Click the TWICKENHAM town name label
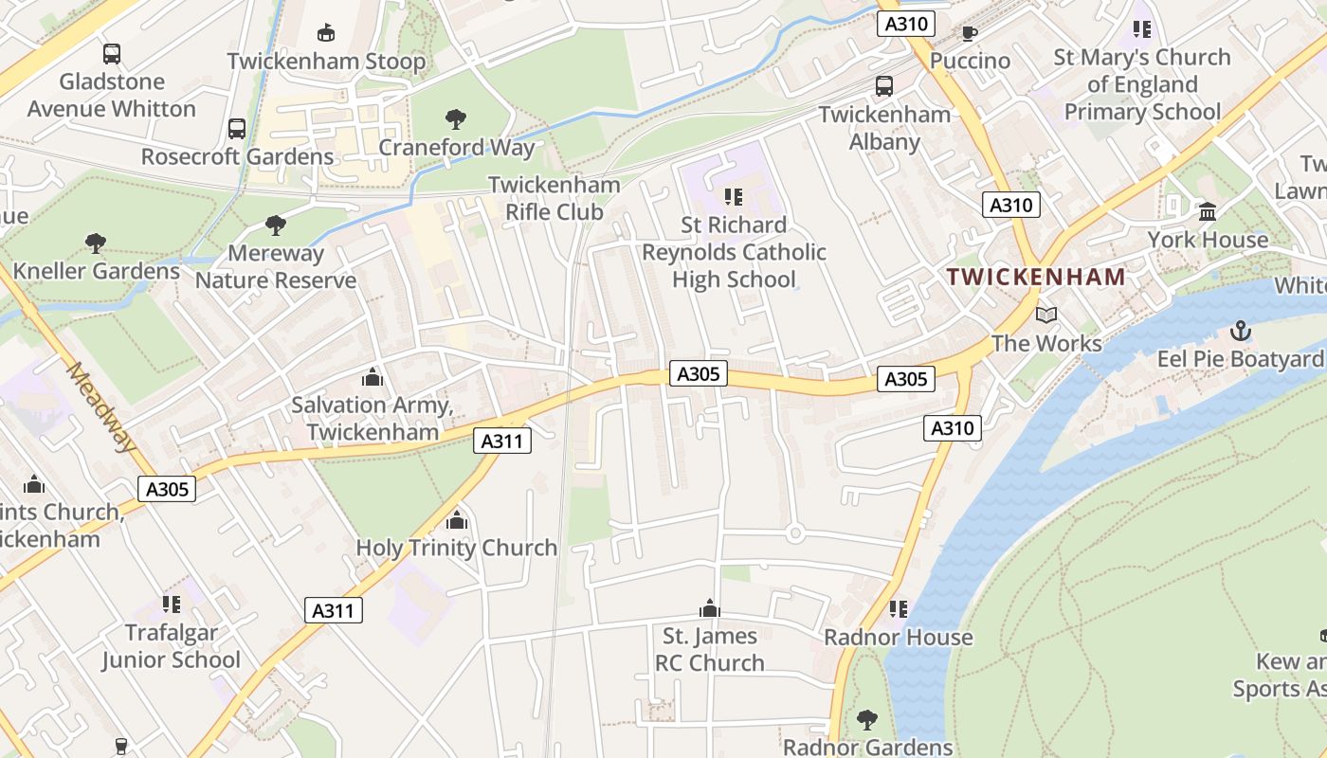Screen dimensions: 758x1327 point(1036,277)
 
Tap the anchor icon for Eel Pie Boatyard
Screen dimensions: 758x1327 point(1241,331)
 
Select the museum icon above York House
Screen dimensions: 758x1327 point(1208,211)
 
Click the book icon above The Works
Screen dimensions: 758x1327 point(1046,315)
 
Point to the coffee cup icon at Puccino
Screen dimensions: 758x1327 point(970,33)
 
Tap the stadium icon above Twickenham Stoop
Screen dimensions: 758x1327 point(326,33)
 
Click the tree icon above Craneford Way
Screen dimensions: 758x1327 point(456,119)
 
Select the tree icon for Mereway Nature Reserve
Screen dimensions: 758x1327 point(276,226)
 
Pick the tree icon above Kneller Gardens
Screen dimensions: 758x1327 point(96,244)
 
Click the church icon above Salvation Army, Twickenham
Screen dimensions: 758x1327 point(372,377)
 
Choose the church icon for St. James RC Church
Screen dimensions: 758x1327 point(709,608)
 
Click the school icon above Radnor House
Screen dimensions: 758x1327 point(898,608)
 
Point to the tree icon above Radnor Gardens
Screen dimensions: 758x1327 point(866,719)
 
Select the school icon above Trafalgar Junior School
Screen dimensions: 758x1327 point(172,604)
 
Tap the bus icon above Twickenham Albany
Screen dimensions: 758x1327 point(884,86)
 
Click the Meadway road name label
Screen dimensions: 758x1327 point(100,407)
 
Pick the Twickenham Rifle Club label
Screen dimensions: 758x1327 point(554,198)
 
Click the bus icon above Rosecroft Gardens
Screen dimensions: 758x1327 point(237,129)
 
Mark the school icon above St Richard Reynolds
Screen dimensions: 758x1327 point(734,197)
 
